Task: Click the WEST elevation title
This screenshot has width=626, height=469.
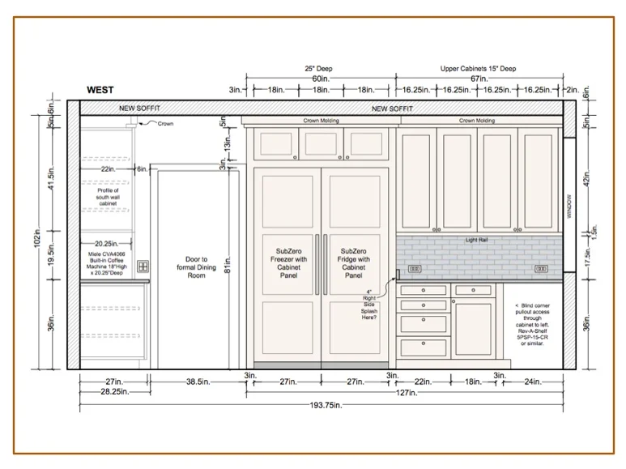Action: pos(100,90)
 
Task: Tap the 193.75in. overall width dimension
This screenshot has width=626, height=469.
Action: pos(322,404)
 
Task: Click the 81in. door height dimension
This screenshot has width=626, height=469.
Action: pos(228,265)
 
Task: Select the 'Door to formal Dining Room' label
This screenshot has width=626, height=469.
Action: pos(191,267)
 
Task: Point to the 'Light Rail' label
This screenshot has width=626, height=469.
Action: pos(477,240)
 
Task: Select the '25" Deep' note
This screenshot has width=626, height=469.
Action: pos(318,69)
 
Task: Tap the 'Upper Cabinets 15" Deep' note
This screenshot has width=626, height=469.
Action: pos(478,69)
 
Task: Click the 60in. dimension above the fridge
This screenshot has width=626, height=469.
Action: pos(322,79)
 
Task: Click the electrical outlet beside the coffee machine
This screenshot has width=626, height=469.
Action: pos(143,266)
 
